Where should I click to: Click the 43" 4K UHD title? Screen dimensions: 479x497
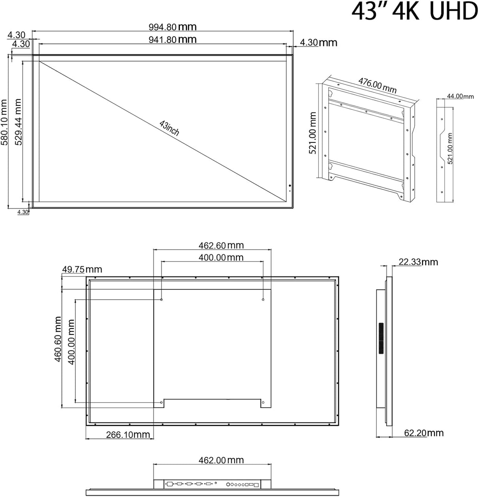[415, 12]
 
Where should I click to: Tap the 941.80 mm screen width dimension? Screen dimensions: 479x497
[172, 39]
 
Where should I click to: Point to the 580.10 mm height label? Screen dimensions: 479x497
[4, 122]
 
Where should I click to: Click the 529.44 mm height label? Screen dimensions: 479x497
[18, 122]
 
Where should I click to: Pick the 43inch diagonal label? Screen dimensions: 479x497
[169, 128]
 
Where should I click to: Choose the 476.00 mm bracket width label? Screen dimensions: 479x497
[377, 86]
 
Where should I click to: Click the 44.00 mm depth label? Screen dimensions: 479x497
[460, 96]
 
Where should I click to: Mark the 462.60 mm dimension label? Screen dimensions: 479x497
[221, 246]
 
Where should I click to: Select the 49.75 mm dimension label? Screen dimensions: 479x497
[82, 270]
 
